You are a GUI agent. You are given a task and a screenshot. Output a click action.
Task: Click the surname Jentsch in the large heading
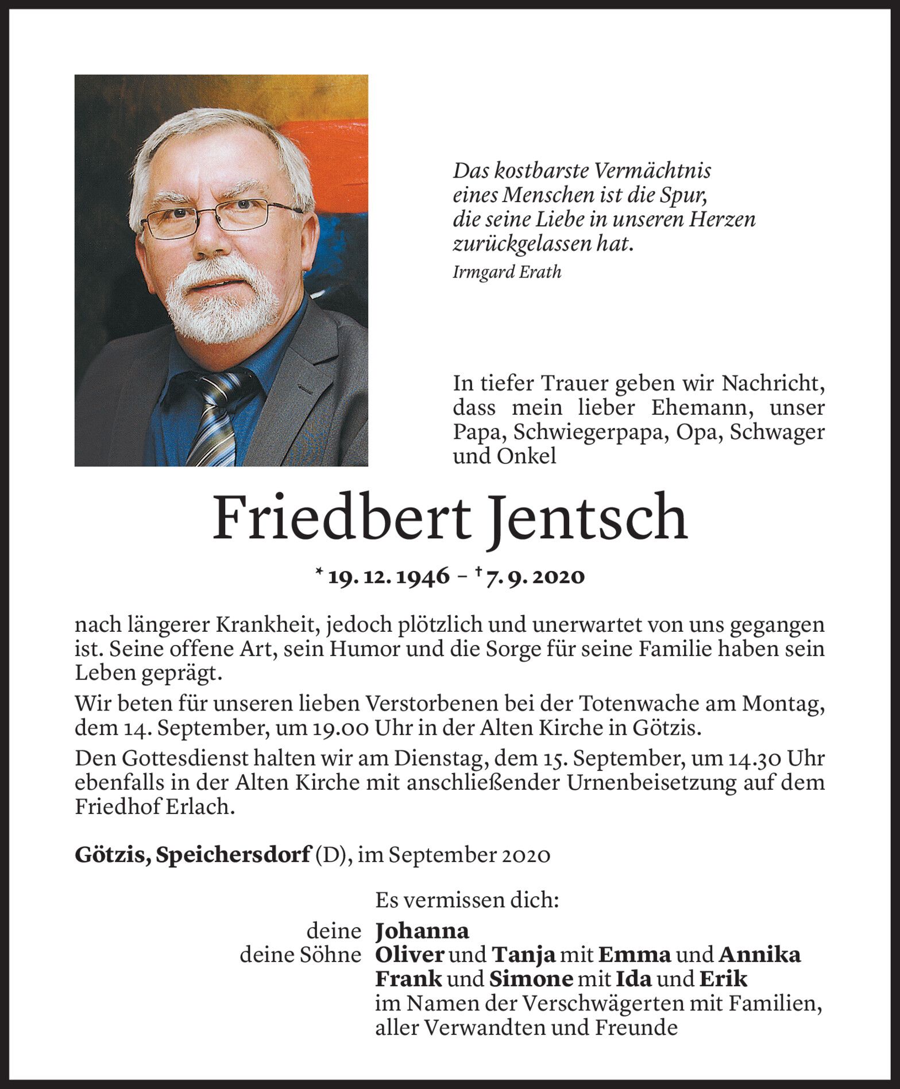point(589,518)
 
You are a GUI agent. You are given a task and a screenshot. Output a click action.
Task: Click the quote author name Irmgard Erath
point(507,272)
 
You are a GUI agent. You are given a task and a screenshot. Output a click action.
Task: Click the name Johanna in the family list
point(422,930)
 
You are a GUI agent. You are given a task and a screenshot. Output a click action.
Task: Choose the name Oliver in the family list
point(410,955)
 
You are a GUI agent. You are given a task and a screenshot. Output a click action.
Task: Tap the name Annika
point(759,955)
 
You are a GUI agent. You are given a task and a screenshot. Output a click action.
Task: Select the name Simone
point(531,979)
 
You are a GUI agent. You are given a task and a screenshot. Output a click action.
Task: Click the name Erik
point(723,979)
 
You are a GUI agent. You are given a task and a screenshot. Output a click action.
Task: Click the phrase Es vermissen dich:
point(467,900)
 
